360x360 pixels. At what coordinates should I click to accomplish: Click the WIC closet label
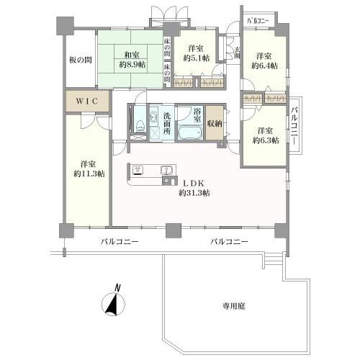point(87,100)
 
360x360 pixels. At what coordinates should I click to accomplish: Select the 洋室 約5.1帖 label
point(195,53)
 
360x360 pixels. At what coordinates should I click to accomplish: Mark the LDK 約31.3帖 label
point(194,186)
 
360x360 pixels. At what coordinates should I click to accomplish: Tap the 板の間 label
point(78,60)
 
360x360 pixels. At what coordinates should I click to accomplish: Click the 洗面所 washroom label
point(167,120)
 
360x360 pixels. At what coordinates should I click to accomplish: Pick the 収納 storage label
point(215,122)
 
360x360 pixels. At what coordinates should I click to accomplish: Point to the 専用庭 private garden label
point(234,306)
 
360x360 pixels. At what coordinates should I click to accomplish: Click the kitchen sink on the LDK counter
point(168,171)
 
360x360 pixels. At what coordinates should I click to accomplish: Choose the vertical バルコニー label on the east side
point(296,128)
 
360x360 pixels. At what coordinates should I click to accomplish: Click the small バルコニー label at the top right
point(258,21)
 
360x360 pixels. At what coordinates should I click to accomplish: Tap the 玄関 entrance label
point(238,53)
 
